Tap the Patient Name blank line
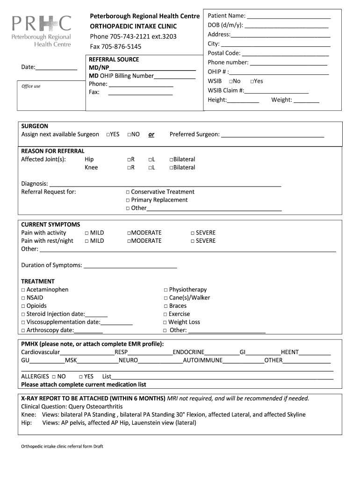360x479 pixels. coord(288,17)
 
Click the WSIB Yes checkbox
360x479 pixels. coord(252,81)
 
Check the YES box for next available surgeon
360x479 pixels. coord(108,135)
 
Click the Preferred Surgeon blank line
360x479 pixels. coord(273,136)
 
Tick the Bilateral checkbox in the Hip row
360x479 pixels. coord(171,160)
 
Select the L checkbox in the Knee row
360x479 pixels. coord(150,167)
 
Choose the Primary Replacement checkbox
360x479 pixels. coord(128,200)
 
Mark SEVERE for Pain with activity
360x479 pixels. coord(192,233)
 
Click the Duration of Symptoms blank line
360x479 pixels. coord(130,267)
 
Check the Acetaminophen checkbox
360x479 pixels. coord(23,290)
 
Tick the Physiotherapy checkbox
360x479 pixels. coord(166,290)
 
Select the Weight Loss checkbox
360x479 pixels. coord(165,322)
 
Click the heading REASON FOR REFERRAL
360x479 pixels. coord(53,151)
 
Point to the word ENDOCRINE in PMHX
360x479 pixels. coord(188,352)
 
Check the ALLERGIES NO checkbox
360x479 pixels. coord(54,377)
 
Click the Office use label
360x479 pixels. coord(31,86)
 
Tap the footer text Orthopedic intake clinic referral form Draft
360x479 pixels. coord(62,446)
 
